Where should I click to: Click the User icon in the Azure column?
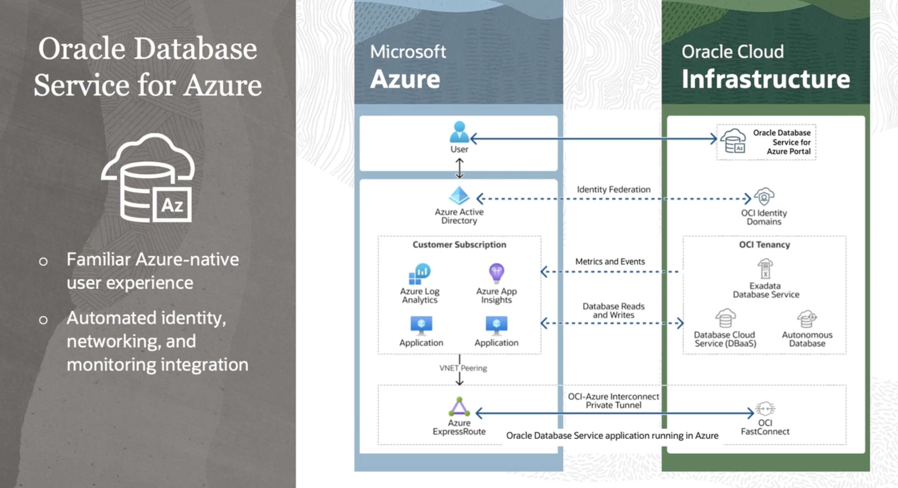tap(459, 132)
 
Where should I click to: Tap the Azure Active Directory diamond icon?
tap(459, 196)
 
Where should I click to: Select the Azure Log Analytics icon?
tap(420, 274)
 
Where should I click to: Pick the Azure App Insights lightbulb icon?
tap(496, 273)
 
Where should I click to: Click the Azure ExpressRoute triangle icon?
tap(459, 407)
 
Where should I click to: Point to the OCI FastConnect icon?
tap(765, 409)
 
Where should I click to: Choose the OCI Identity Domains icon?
tap(764, 197)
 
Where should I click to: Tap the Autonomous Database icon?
tap(807, 318)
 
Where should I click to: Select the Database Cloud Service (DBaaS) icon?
tap(725, 318)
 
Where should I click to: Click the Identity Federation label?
tap(613, 190)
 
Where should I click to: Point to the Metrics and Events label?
tap(610, 262)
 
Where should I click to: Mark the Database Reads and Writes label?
tap(613, 311)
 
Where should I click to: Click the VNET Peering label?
tap(463, 368)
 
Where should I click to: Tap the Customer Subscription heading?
tap(459, 245)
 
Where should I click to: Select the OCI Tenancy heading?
tap(764, 245)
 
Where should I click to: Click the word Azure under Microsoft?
tap(405, 79)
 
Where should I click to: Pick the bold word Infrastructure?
tap(765, 79)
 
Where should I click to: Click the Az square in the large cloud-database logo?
tap(172, 205)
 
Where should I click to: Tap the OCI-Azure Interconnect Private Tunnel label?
tap(613, 401)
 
